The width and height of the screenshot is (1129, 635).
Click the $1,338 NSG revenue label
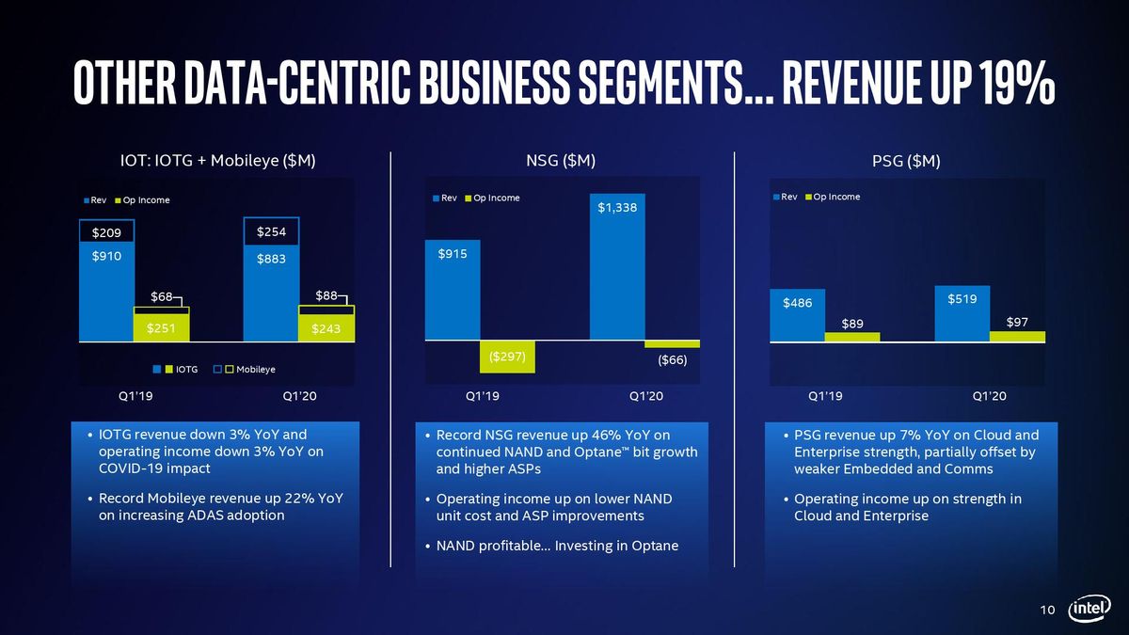(x=617, y=208)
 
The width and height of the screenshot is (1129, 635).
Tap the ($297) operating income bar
(x=507, y=357)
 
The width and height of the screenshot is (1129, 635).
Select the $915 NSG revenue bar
(x=453, y=290)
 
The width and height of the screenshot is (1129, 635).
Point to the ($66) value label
(x=673, y=359)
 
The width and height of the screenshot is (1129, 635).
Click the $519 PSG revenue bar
(x=962, y=313)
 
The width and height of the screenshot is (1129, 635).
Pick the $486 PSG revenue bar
(x=798, y=315)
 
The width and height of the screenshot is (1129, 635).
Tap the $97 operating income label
(x=1017, y=322)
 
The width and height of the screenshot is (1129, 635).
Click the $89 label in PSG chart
(x=852, y=324)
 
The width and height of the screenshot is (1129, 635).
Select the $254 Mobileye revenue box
(x=271, y=231)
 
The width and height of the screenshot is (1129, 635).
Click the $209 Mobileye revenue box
(x=106, y=231)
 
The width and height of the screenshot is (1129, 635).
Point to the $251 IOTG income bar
(x=161, y=327)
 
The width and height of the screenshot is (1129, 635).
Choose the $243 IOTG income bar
(x=326, y=328)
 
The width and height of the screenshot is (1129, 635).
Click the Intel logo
(x=1089, y=609)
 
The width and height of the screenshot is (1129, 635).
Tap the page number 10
(x=1047, y=610)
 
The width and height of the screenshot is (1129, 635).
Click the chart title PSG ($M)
(x=906, y=161)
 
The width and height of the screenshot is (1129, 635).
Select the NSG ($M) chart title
(x=561, y=161)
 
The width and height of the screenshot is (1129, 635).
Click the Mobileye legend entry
(x=244, y=370)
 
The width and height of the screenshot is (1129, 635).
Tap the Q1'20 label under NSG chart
(x=646, y=396)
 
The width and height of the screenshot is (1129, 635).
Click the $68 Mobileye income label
(x=161, y=296)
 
